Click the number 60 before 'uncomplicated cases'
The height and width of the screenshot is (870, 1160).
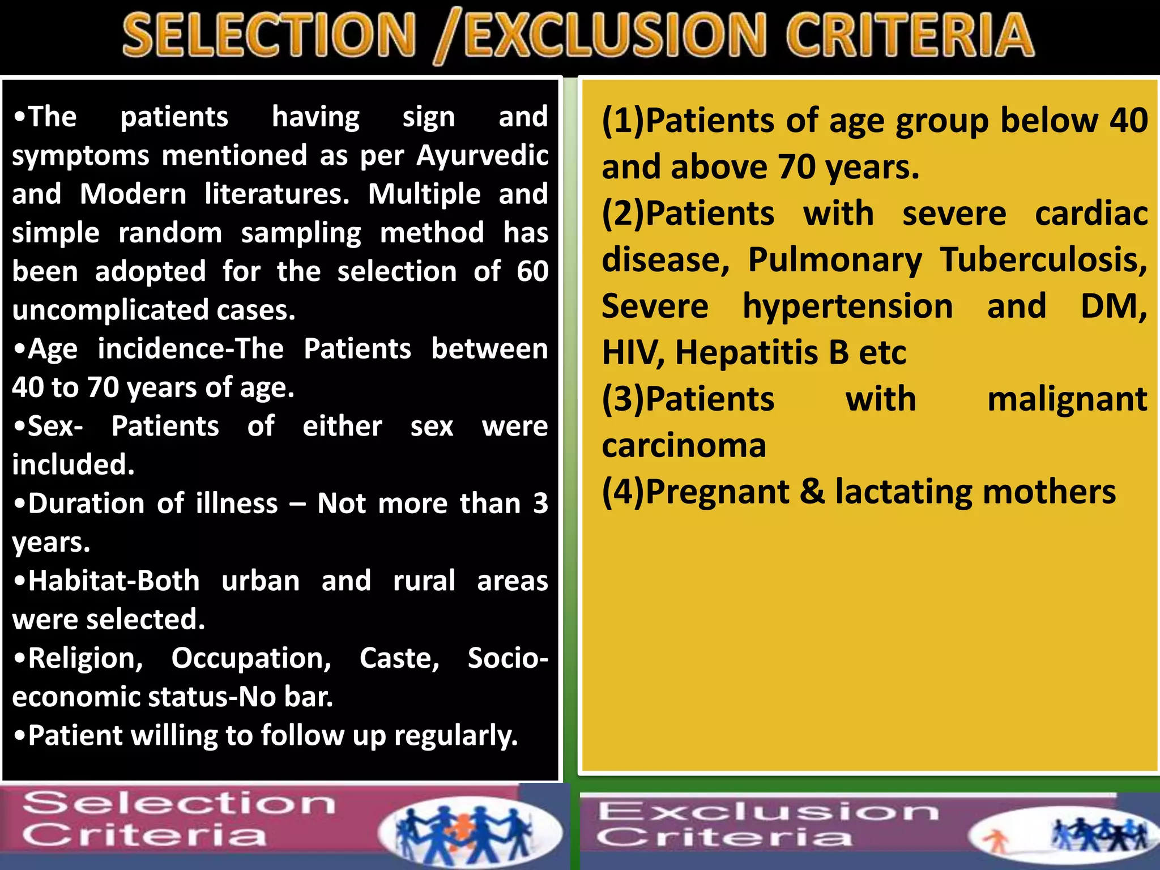pos(532,271)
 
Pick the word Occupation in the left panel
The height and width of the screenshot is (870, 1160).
pos(251,658)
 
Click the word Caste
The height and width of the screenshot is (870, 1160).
pos(399,658)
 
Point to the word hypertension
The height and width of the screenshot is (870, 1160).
pos(848,306)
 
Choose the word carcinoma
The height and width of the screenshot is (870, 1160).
pos(684,445)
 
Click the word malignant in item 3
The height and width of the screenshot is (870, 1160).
pos(1067,399)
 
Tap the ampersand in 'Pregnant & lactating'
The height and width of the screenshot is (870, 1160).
pos(812,491)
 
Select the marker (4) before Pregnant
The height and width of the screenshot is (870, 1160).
pos(623,491)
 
